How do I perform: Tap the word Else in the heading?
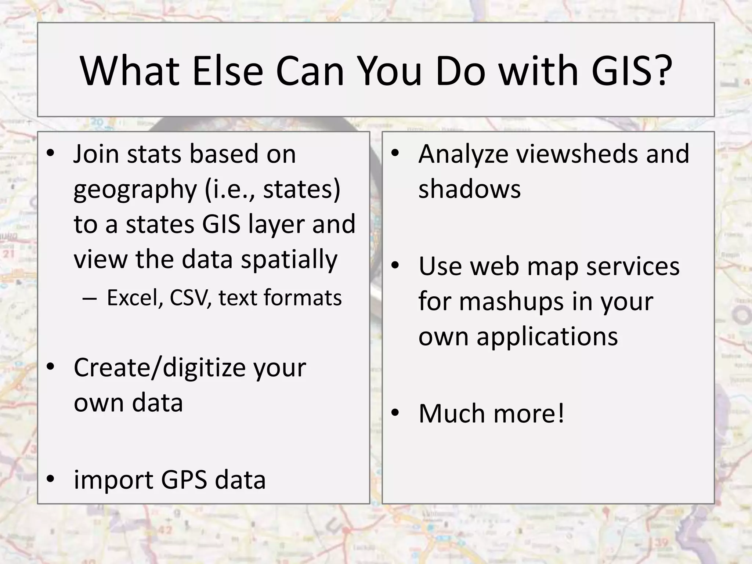point(227,71)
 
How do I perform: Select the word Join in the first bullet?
point(96,154)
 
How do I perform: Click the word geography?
point(135,190)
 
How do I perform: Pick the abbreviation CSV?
point(190,297)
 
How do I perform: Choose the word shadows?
point(469,189)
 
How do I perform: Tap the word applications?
point(547,337)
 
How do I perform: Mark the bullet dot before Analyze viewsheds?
point(395,153)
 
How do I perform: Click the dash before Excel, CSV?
point(90,298)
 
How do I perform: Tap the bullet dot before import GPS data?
point(50,479)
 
